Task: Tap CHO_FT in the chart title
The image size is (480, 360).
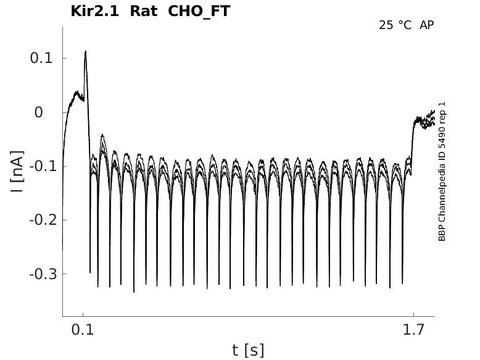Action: tap(199, 12)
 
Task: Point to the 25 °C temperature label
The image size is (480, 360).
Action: tap(395, 25)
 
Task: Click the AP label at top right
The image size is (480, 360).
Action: tap(426, 25)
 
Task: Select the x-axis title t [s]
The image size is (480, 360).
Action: tap(248, 351)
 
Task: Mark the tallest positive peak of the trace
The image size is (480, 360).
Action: tap(85, 52)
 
